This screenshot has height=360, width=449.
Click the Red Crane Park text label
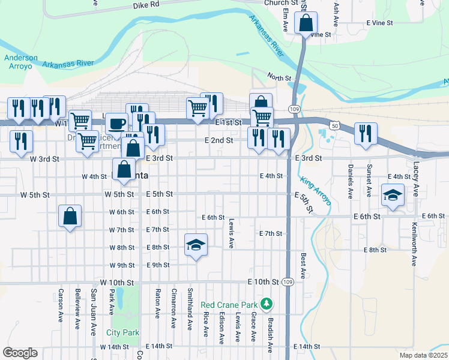click(x=231, y=304)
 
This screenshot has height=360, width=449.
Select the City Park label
click(x=122, y=332)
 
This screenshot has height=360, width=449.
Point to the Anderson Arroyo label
click(x=21, y=62)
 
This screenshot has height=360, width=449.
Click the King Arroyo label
click(x=316, y=191)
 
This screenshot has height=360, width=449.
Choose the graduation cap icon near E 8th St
click(x=195, y=245)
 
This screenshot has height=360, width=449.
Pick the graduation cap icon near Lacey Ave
click(x=393, y=195)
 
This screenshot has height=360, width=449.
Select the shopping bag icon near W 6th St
click(x=70, y=215)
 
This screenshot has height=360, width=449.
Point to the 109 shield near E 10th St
click(x=288, y=282)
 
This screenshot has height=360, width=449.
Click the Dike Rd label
click(x=146, y=4)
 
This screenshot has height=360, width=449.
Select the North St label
click(x=279, y=78)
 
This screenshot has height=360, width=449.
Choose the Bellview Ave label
click(x=77, y=310)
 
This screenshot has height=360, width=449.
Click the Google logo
click(x=19, y=353)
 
